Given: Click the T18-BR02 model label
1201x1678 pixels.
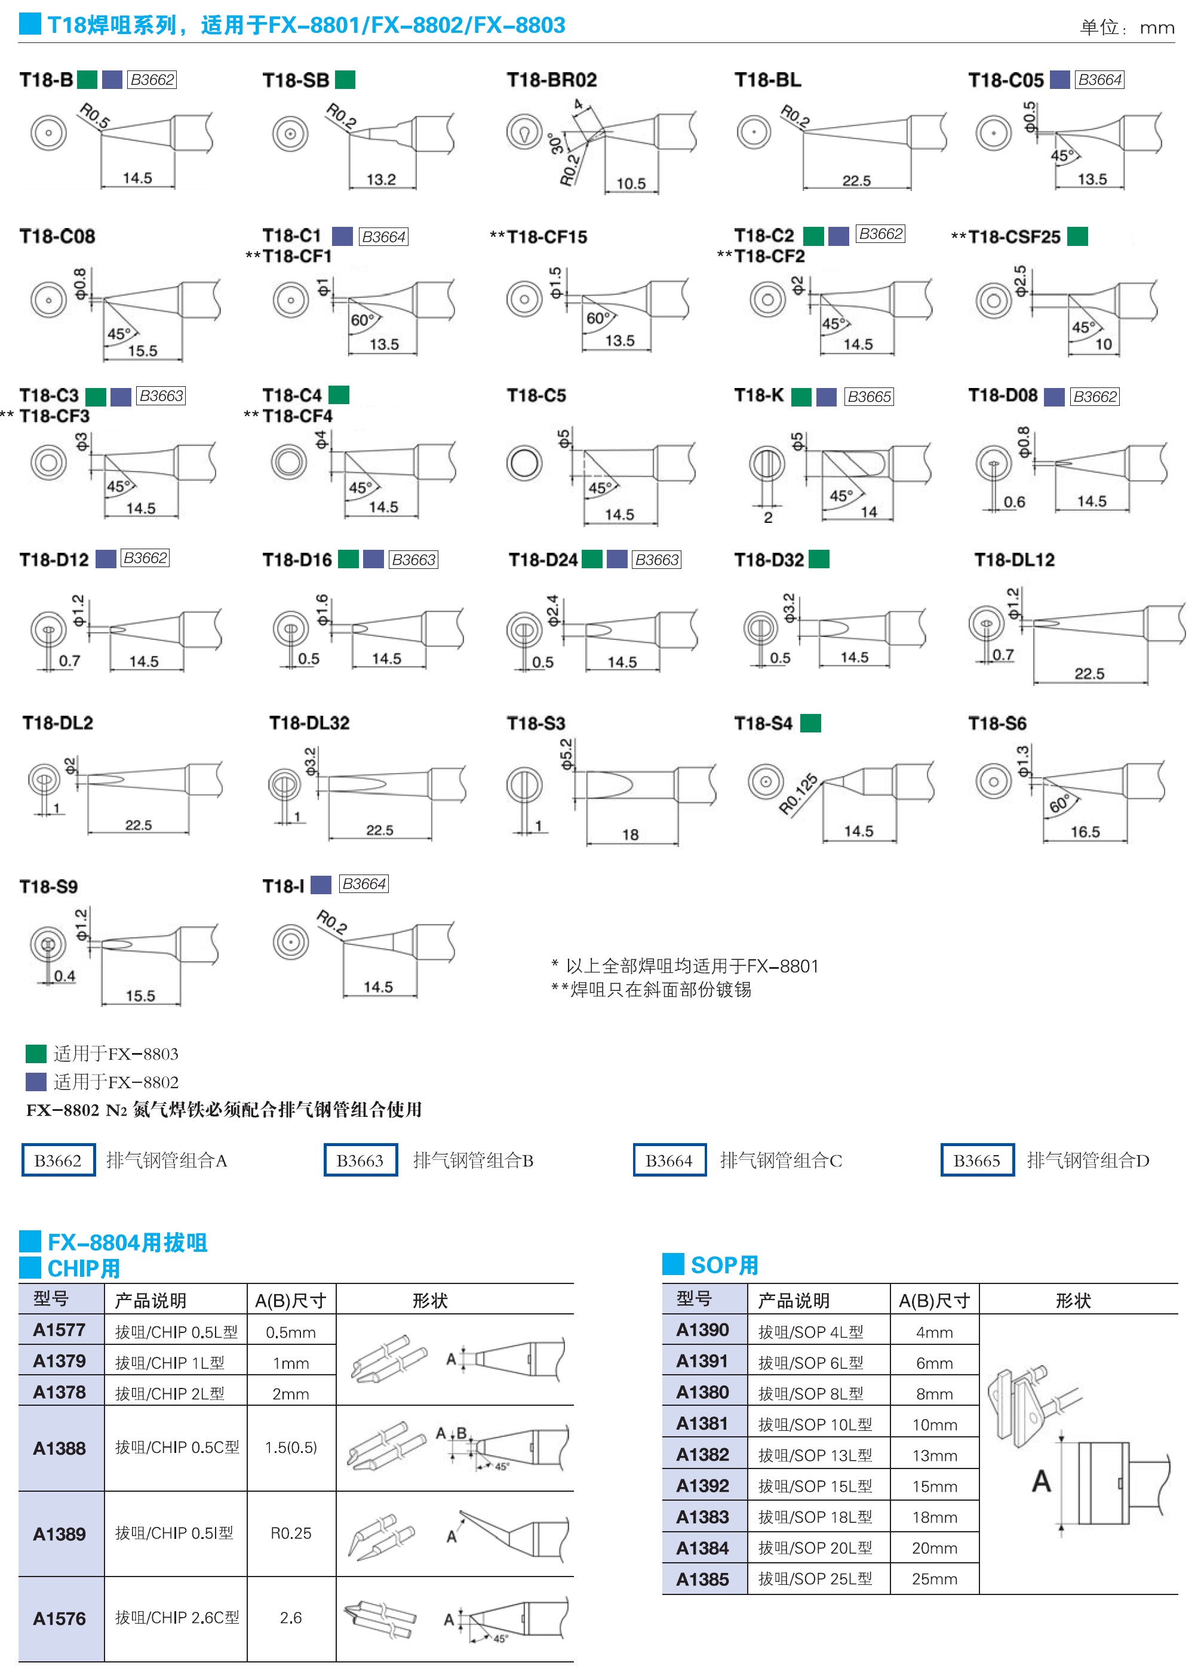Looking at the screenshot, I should tap(551, 80).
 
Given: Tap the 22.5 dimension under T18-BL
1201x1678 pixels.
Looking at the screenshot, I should tap(856, 180).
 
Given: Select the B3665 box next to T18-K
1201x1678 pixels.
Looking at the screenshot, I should tap(869, 397).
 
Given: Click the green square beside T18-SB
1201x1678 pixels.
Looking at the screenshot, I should tap(345, 80).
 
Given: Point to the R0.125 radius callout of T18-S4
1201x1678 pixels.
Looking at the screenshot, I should tap(798, 795).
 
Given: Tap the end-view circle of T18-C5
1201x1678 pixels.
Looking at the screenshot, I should tap(524, 463).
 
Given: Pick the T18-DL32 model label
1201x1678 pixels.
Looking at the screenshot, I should tap(309, 723).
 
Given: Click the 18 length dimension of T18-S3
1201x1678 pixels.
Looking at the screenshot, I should tap(630, 835).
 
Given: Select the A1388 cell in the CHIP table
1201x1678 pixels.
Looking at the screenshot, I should tap(60, 1448).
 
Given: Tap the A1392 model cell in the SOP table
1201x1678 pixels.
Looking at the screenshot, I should tap(702, 1486).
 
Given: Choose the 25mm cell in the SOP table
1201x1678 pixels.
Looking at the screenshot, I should tap(934, 1579).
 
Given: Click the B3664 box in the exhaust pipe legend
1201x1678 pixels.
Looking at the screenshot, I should tap(669, 1160).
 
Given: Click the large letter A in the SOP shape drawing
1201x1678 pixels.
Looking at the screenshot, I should tap(1042, 1480).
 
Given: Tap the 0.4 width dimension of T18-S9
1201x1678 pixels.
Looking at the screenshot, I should tap(64, 976).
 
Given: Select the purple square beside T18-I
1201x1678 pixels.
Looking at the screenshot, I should tap(321, 885).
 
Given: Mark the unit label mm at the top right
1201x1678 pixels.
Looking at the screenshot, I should tap(1157, 28).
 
